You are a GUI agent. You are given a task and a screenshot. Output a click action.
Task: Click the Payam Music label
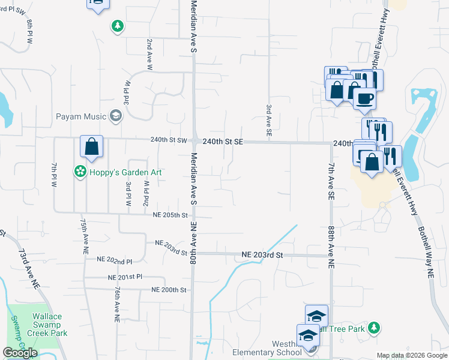(81, 116)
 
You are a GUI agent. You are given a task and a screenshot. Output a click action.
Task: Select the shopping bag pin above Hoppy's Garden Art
(91, 146)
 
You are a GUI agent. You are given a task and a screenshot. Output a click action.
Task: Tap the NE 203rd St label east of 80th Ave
(262, 255)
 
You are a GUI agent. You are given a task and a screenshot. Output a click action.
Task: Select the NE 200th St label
(169, 290)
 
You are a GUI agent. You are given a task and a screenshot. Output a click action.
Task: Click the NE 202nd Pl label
(116, 262)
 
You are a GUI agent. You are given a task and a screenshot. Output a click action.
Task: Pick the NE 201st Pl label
(125, 277)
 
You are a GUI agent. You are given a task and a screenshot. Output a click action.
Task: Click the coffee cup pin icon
(364, 99)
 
